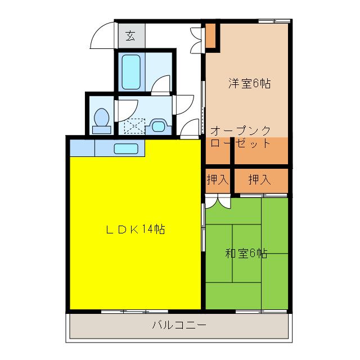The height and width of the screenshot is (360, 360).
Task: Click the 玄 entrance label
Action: pyautogui.click(x=130, y=37)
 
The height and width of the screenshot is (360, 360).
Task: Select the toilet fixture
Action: pyautogui.click(x=102, y=120)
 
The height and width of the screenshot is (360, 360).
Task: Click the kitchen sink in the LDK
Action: pyautogui.click(x=126, y=149)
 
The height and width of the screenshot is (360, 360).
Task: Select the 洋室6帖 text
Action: pyautogui.click(x=249, y=84)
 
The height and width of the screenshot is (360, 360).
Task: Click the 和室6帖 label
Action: pyautogui.click(x=246, y=253)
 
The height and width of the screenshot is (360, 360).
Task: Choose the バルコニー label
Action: pyautogui.click(x=179, y=325)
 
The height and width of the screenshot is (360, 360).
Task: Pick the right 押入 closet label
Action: pyautogui.click(x=260, y=180)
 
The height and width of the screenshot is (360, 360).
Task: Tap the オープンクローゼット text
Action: pyautogui.click(x=241, y=137)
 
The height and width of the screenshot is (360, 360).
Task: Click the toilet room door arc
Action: pyautogui.click(x=125, y=107)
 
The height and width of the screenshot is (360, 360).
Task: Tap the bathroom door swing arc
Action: pyautogui.click(x=161, y=84)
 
